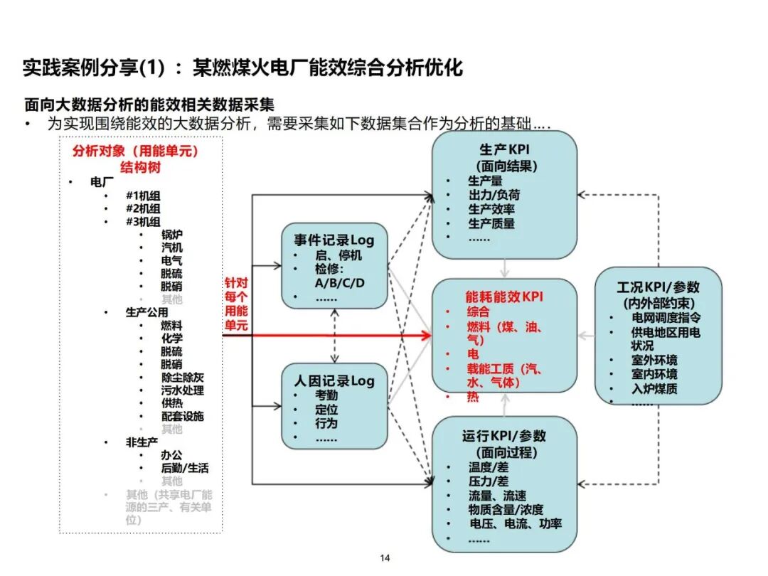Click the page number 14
click(385, 558)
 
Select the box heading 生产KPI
click(504, 150)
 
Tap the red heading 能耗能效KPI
click(504, 297)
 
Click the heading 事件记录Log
click(334, 240)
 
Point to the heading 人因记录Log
click(334, 380)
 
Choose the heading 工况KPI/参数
click(658, 287)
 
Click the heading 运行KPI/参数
click(504, 436)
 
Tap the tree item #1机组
click(143, 196)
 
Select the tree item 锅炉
click(171, 235)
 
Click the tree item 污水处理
click(182, 390)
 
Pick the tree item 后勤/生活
click(185, 468)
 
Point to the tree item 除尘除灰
click(182, 378)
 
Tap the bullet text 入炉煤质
click(654, 388)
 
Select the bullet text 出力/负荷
click(494, 195)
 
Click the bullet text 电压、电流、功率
click(515, 523)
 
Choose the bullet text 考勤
click(326, 395)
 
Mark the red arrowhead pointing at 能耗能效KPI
click(427, 335)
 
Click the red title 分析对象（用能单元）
click(135, 151)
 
